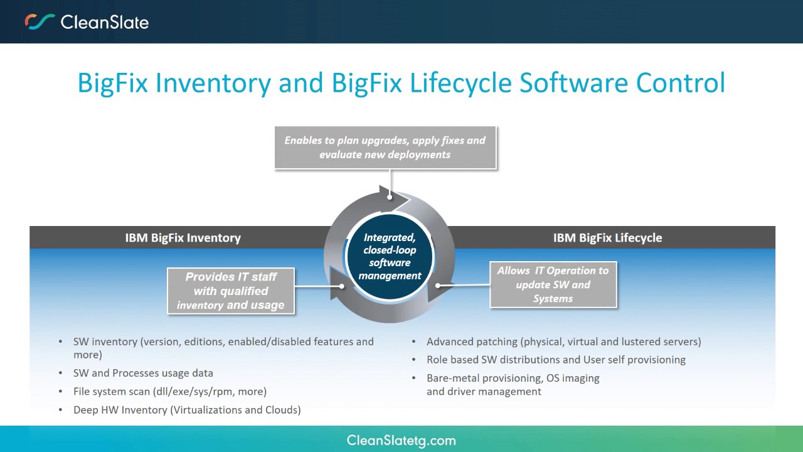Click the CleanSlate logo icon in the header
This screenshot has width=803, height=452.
[x=40, y=22]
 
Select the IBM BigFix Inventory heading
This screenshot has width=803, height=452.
[x=183, y=238]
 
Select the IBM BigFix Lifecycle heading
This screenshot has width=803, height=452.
[x=607, y=238]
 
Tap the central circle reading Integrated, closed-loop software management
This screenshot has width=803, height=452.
[x=390, y=256]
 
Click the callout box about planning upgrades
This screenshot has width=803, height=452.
[x=385, y=148]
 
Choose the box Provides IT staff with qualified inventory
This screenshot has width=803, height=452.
[x=231, y=291]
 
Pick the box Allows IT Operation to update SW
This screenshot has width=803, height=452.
[x=553, y=284]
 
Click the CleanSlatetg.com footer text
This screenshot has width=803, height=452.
[x=401, y=441]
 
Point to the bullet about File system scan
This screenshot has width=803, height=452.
[x=170, y=391]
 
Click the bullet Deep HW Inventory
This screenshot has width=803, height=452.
[x=187, y=410]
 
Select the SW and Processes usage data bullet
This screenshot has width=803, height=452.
[x=143, y=373]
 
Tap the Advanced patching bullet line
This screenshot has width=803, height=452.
[x=563, y=342]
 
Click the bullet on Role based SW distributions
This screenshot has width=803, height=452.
[x=556, y=360]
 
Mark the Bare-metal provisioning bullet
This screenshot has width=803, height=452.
[x=513, y=379]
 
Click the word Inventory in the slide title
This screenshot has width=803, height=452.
[x=213, y=83]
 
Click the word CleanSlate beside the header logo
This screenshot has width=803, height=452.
[x=104, y=23]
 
